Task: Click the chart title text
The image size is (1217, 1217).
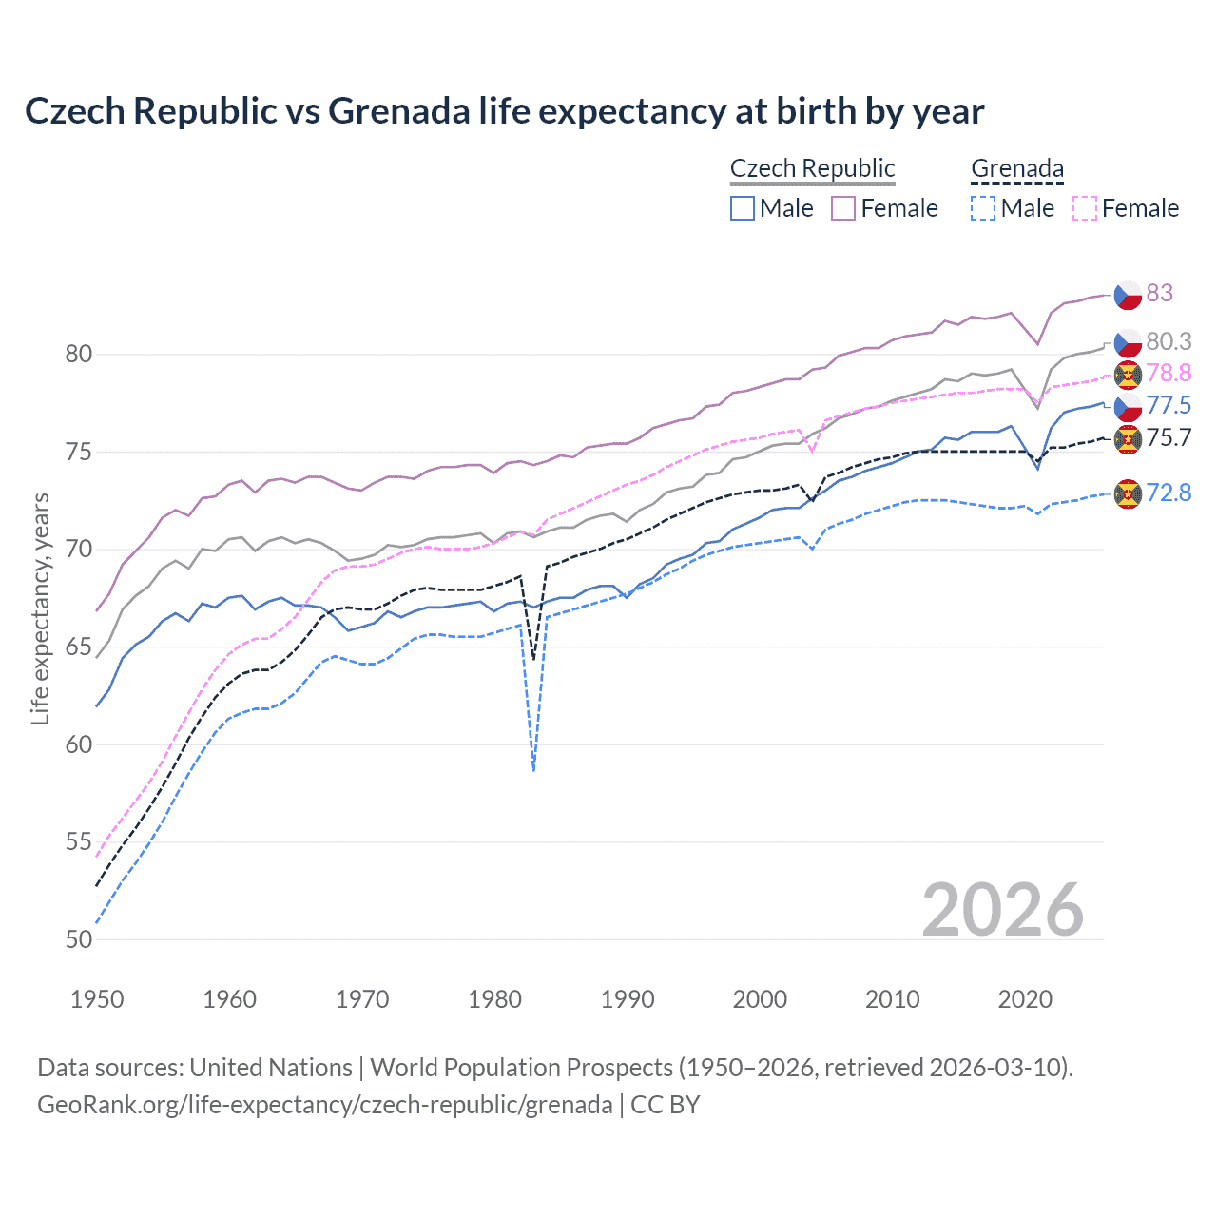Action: [x=504, y=111]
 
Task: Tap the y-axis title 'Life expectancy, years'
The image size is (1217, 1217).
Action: [x=40, y=608]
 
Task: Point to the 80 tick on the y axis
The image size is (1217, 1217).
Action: [x=79, y=354]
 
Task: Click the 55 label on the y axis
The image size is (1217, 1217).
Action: [x=79, y=841]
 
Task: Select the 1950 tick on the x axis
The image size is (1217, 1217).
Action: [x=97, y=999]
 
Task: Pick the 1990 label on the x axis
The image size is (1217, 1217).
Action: [x=628, y=999]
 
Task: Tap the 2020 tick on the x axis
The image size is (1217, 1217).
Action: [x=1025, y=999]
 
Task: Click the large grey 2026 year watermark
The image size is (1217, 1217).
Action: [x=1003, y=910]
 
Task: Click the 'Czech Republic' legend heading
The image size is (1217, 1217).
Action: [x=812, y=168]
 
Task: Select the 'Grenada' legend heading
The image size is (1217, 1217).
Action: [x=1016, y=168]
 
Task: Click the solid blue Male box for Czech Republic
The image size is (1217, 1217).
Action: [x=743, y=208]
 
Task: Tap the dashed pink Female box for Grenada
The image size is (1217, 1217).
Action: [x=1085, y=208]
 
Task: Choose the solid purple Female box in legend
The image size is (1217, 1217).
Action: [x=843, y=208]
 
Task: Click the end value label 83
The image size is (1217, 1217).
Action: [x=1159, y=293]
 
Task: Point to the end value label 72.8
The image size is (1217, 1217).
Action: [x=1169, y=493]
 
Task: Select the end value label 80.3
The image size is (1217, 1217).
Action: [x=1169, y=341]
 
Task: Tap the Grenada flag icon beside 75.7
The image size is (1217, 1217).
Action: [x=1128, y=438]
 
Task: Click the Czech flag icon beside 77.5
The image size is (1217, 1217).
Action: [x=1128, y=407]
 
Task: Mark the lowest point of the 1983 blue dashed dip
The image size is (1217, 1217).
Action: [x=533, y=770]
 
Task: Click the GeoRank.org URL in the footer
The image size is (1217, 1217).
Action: [x=324, y=1105]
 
